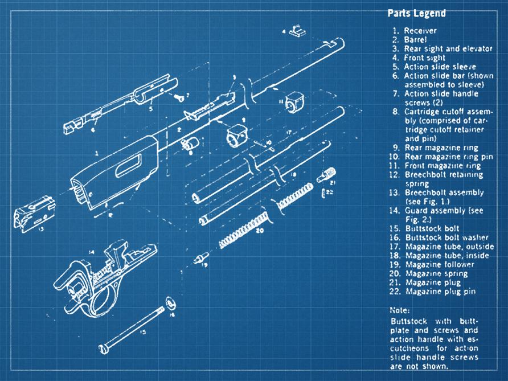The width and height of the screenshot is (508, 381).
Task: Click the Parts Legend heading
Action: pos(416,13)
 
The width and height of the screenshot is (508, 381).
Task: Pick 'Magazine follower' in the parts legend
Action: pos(439,264)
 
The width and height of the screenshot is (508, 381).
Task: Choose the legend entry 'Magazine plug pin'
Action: pos(440,292)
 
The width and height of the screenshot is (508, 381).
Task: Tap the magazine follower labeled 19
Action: pos(199,259)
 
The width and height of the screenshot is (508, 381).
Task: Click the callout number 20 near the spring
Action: pos(260,231)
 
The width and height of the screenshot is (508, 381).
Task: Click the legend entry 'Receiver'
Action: pos(421,30)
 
